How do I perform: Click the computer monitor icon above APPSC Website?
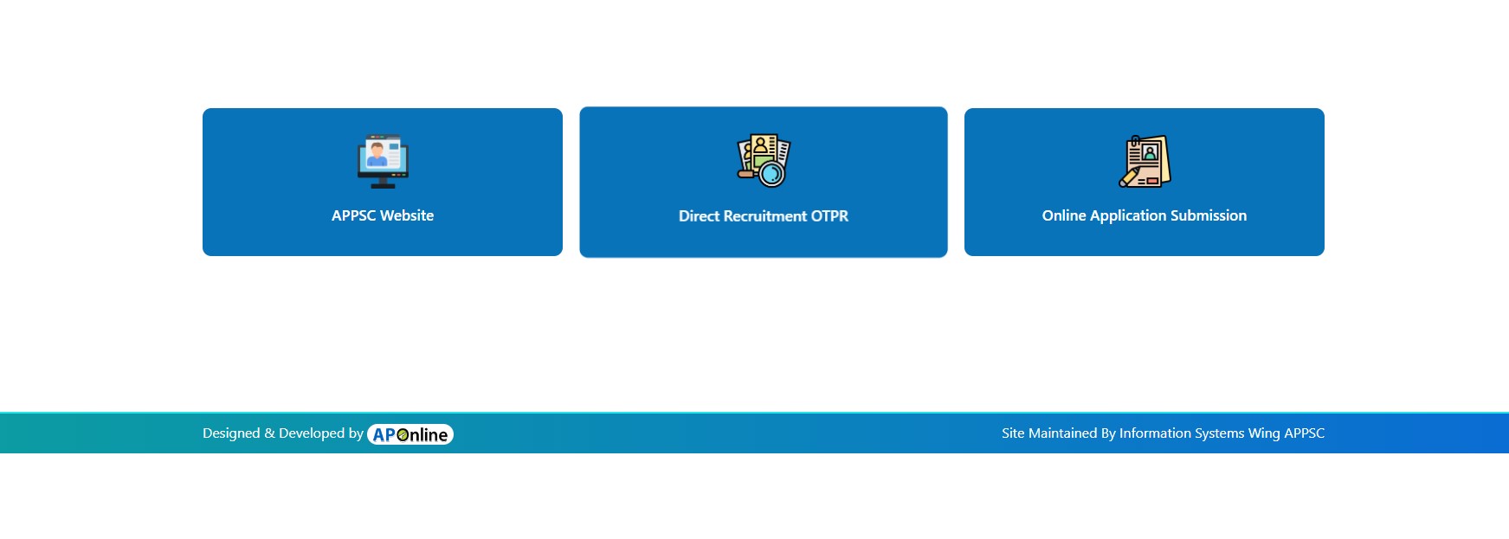click(383, 162)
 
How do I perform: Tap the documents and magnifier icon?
click(764, 161)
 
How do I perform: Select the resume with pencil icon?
click(1145, 161)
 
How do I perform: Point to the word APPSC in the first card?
click(353, 215)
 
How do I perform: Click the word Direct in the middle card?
click(699, 216)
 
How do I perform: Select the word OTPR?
click(829, 216)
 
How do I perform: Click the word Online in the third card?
click(1064, 215)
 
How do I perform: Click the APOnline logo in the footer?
click(410, 434)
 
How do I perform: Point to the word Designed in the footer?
click(231, 433)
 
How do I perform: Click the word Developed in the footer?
click(311, 433)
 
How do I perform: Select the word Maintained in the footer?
click(1061, 433)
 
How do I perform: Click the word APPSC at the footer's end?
click(1304, 433)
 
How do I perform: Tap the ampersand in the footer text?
click(269, 433)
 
